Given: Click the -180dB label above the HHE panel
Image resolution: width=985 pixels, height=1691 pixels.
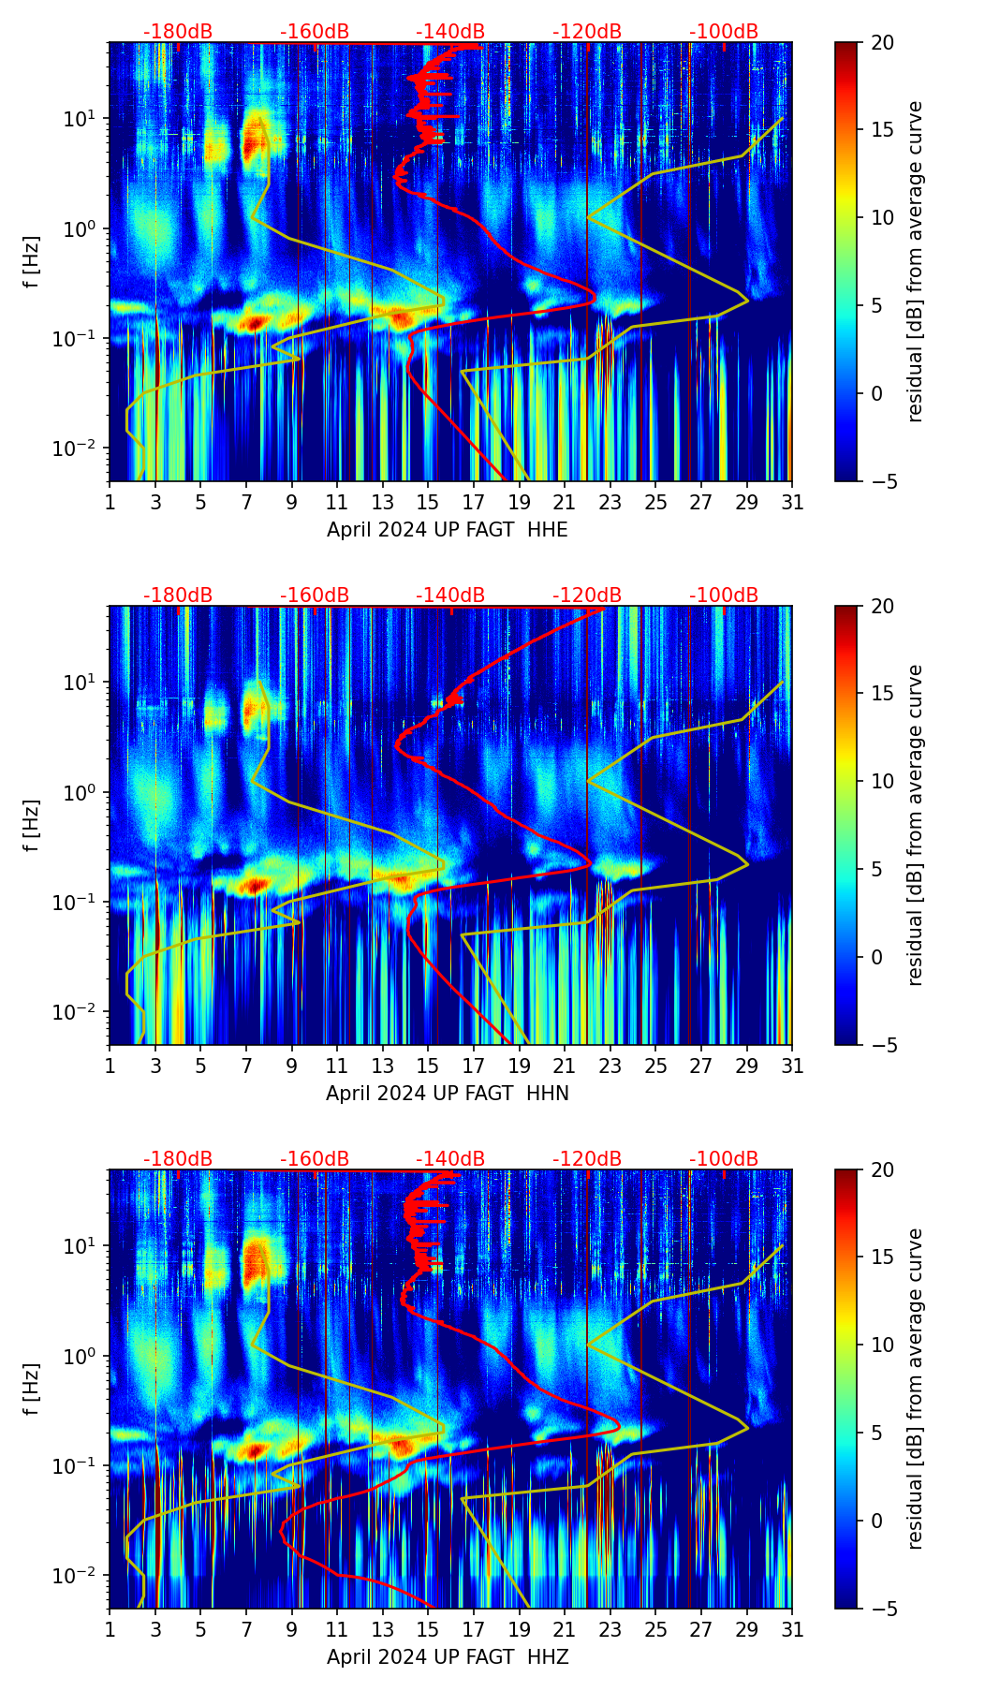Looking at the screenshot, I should pyautogui.click(x=178, y=32).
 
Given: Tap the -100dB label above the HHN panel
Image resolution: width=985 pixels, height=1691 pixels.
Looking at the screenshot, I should pyautogui.click(x=724, y=596).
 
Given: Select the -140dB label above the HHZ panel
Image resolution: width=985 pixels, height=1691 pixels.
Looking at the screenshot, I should pyautogui.click(x=450, y=1159).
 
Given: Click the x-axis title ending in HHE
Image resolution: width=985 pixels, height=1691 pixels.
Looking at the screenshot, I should pyautogui.click(x=448, y=530).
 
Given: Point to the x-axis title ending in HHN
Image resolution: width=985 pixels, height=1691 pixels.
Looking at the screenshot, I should pyautogui.click(x=448, y=1094).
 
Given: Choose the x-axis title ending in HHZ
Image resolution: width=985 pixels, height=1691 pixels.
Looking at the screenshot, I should pyautogui.click(x=448, y=1657).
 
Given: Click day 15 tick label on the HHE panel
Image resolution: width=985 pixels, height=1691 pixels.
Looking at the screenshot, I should pyautogui.click(x=428, y=504).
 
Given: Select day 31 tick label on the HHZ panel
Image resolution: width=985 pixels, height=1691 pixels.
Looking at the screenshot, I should pyautogui.click(x=792, y=1631).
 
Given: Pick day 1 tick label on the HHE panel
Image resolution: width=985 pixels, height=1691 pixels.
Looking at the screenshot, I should pyautogui.click(x=110, y=504).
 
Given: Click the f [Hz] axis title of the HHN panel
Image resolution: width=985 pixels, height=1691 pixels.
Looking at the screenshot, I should pyautogui.click(x=32, y=825).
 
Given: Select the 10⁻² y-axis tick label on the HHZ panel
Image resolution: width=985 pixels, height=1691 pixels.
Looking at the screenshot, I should pyautogui.click(x=81, y=1576).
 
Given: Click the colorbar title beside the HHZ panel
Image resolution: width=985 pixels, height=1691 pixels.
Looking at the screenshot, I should pyautogui.click(x=916, y=1390).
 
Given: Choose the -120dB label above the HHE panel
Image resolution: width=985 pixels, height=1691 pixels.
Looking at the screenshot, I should pyautogui.click(x=587, y=32).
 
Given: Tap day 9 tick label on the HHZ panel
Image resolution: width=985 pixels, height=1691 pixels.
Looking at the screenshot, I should pyautogui.click(x=291, y=1631).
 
